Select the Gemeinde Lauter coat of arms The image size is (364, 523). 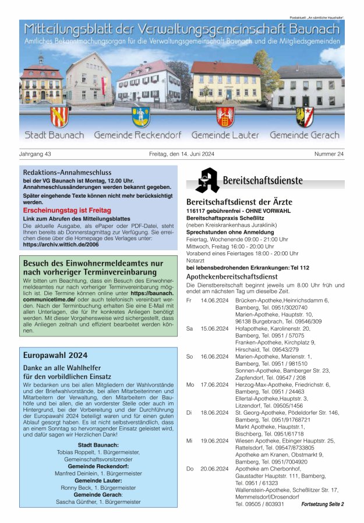(x=225, y=116)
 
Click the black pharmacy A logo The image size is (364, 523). (x=207, y=181)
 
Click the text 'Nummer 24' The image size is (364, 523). (x=329, y=154)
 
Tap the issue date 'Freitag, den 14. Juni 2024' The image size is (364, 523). (x=182, y=154)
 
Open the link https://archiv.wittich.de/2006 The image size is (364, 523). (x=61, y=245)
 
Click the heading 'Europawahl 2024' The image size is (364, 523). (x=55, y=355)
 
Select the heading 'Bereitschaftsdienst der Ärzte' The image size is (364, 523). (x=238, y=202)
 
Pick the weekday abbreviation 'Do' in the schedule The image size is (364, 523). (x=190, y=469)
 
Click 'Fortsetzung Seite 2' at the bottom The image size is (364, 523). (x=322, y=504)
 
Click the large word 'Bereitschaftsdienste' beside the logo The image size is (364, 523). (x=266, y=180)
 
